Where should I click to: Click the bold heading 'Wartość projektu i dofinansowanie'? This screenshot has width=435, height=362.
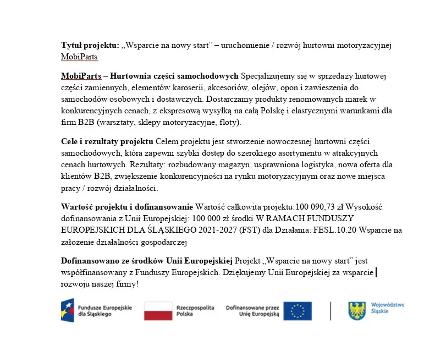point(126,207)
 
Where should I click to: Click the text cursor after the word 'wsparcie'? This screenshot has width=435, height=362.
point(376,272)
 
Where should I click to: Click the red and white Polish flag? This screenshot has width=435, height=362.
point(158,311)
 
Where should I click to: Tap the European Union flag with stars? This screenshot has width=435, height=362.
point(298,311)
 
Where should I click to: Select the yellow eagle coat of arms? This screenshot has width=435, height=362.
point(357,311)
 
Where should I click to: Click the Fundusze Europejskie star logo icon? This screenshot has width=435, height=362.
point(68,311)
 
